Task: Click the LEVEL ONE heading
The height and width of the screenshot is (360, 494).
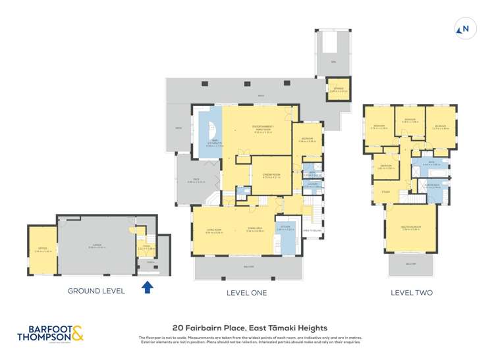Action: pyautogui.click(x=246, y=292)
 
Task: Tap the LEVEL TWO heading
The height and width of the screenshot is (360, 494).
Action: pyautogui.click(x=411, y=292)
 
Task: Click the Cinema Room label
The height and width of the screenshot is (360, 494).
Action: pyautogui.click(x=271, y=176)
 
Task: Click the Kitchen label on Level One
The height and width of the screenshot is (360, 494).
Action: pyautogui.click(x=287, y=228)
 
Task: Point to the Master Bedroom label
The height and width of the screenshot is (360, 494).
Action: pyautogui.click(x=411, y=229)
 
